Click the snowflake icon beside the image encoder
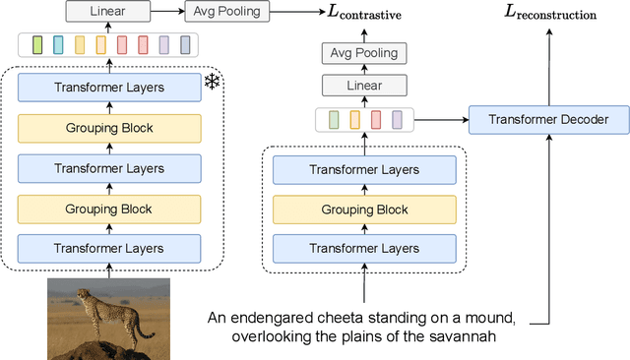[213, 82]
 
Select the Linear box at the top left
[108, 11]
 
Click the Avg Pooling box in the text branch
[364, 52]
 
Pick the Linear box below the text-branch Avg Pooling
[364, 86]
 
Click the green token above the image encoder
[37, 45]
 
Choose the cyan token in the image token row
[58, 45]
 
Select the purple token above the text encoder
[397, 120]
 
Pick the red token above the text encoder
[375, 120]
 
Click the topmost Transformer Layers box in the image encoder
[109, 87]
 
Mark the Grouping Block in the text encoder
[364, 210]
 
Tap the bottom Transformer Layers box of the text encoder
[364, 249]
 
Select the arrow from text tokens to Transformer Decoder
[440, 120]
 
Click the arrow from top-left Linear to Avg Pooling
[167, 11]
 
